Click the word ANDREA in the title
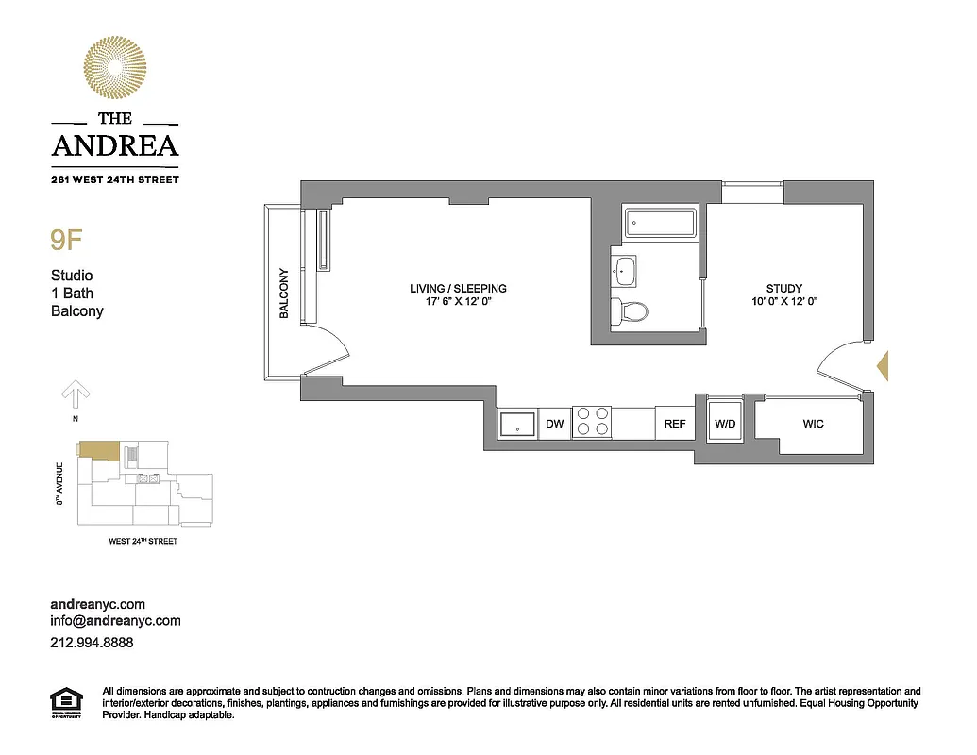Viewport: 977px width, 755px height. (114, 145)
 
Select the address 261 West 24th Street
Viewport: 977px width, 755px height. (114, 178)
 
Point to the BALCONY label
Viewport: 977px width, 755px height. (283, 294)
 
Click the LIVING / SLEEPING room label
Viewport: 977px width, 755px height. (458, 288)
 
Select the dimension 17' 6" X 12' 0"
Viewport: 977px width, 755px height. (458, 302)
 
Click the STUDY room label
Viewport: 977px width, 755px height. (784, 288)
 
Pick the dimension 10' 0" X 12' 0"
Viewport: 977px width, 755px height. (784, 302)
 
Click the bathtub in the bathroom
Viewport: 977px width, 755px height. (661, 225)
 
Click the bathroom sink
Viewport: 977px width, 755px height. (624, 272)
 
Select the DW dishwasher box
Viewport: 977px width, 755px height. (555, 424)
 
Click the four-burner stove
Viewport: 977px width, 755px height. (592, 422)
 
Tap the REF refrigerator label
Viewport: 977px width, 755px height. (675, 424)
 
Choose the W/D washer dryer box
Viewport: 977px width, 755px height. (725, 424)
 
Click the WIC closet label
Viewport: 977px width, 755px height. (813, 424)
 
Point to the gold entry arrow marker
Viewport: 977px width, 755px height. (884, 365)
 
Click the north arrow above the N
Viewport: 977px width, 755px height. (76, 392)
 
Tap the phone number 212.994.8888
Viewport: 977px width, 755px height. (91, 642)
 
